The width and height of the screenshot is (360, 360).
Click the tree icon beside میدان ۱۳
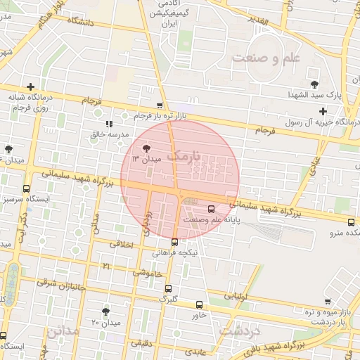coord(146,148)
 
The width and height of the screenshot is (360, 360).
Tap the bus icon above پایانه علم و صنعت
coord(212,208)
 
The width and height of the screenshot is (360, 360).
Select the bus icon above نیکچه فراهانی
coord(175,241)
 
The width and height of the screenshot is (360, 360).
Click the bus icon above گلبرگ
coord(167,288)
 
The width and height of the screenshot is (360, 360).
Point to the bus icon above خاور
coord(200,304)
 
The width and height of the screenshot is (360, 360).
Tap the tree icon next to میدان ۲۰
coord(105,311)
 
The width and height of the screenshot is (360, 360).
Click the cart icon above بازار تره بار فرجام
coord(160,105)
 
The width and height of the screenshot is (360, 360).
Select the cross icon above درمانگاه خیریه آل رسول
coord(323,111)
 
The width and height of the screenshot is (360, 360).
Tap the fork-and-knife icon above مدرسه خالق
coord(108,123)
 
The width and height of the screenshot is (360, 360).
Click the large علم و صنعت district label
coord(266,57)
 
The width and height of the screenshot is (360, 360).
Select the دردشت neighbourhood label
coord(240,328)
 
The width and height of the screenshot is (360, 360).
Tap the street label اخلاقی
coord(122,245)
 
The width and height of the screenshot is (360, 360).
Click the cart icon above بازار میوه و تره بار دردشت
coord(328,301)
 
